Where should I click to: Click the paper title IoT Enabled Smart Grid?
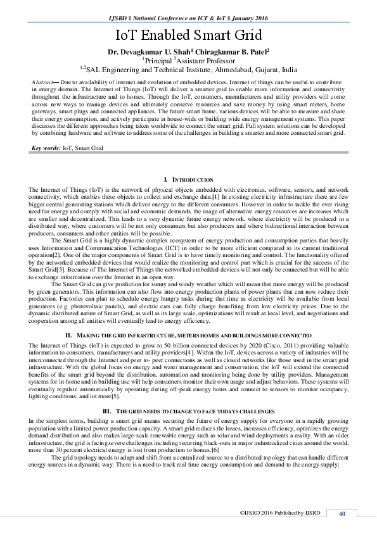click(x=188, y=35)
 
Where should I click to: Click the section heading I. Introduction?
click(x=188, y=181)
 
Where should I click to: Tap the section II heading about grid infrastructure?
click(x=188, y=334)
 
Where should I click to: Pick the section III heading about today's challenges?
click(x=188, y=411)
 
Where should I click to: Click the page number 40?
click(x=342, y=513)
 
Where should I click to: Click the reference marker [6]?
click(x=215, y=449)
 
